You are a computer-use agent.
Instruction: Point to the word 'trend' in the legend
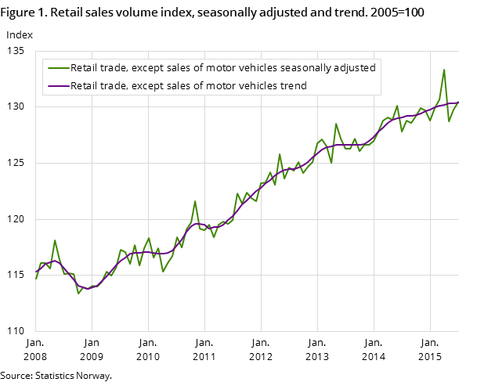(292, 85)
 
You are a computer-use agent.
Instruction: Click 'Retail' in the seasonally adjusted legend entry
(85, 68)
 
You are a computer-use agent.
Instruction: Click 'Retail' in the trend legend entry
(85, 85)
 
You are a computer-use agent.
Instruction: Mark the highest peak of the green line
(444, 70)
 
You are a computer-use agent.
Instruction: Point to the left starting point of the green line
(36, 279)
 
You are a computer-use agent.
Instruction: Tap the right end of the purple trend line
(458, 103)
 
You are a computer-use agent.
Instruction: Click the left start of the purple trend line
(36, 271)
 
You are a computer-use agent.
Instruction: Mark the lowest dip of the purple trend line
(89, 288)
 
